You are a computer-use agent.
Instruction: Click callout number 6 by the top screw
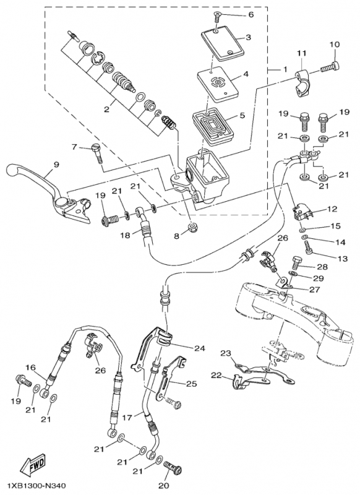point(251,14)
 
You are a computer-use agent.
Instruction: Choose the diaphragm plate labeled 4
point(217,84)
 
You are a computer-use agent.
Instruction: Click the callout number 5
point(242,115)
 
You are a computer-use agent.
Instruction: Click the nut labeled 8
point(191,226)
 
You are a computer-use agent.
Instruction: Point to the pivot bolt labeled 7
point(97,153)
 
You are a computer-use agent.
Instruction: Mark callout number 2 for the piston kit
point(106,110)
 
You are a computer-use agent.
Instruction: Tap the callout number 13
point(342,259)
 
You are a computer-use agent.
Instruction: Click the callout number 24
point(200,348)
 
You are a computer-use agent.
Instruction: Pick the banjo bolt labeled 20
point(173,467)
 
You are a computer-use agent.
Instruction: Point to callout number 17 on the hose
point(127,417)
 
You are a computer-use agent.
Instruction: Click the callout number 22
point(216,376)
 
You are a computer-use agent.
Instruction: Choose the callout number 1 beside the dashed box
point(285,69)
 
